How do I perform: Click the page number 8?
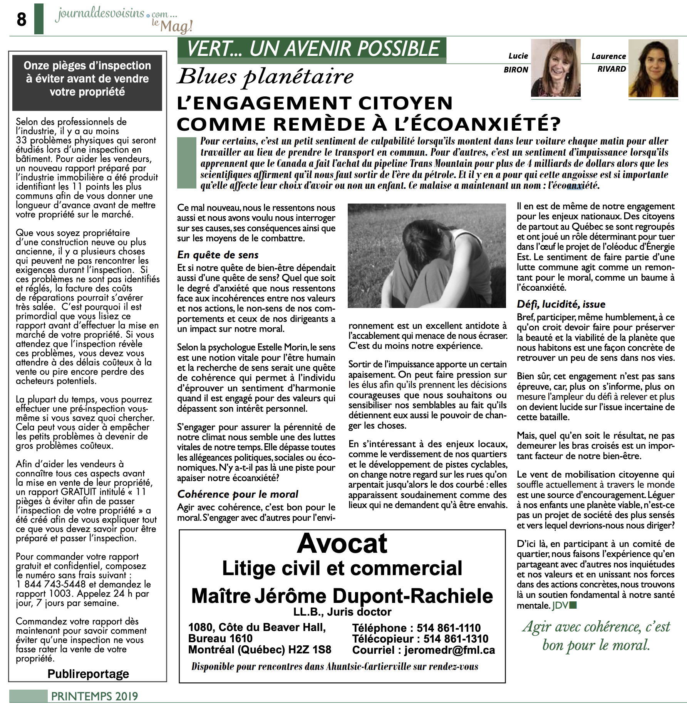pyautogui.click(x=22, y=19)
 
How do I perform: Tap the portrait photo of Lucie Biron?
pyautogui.click(x=555, y=67)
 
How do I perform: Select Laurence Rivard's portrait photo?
pyautogui.click(x=653, y=68)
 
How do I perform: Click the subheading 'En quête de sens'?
pyautogui.click(x=218, y=255)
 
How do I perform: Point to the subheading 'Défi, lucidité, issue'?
pyautogui.click(x=561, y=304)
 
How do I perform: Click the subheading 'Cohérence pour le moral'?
pyautogui.click(x=238, y=494)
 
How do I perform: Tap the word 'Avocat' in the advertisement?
pyautogui.click(x=342, y=543)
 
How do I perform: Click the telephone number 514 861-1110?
pyautogui.click(x=448, y=628)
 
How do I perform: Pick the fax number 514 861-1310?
pyautogui.click(x=456, y=639)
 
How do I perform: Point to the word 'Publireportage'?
pyautogui.click(x=88, y=674)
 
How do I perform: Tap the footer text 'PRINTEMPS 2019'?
pyautogui.click(x=94, y=696)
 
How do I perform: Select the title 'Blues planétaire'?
pyautogui.click(x=265, y=76)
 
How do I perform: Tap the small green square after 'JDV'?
pyautogui.click(x=573, y=605)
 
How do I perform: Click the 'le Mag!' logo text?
pyautogui.click(x=172, y=26)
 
